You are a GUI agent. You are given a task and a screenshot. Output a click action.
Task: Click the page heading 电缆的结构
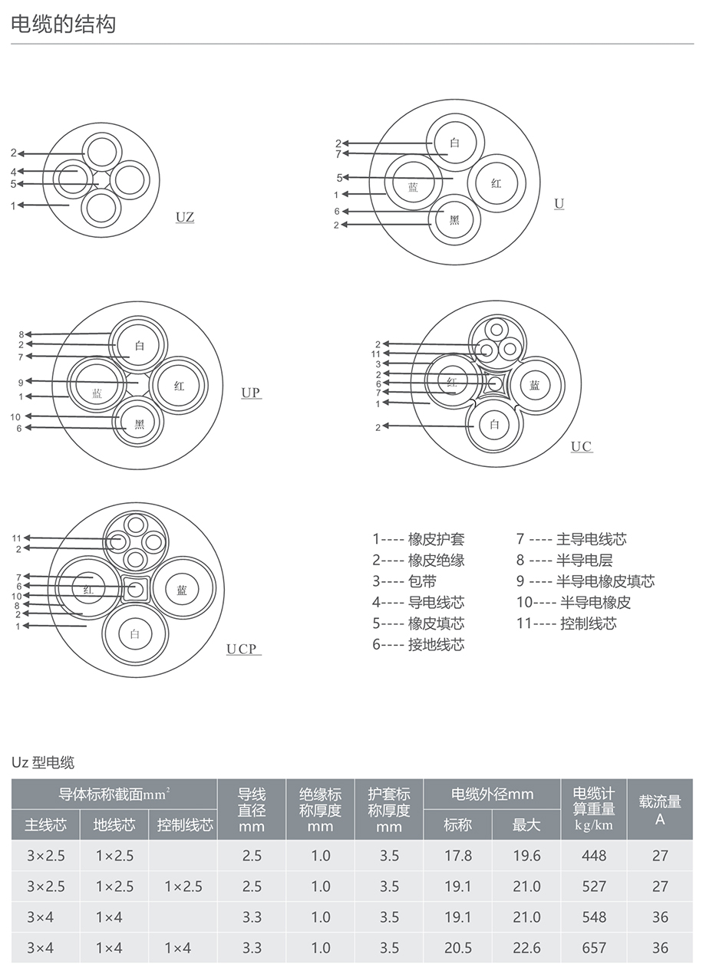pos(64,25)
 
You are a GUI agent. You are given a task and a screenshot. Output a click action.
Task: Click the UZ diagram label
pos(185,217)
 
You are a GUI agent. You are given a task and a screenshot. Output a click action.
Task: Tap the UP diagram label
pos(251,393)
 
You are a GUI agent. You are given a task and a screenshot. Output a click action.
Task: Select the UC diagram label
pos(581,446)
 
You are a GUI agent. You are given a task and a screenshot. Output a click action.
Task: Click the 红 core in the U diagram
pos(496,183)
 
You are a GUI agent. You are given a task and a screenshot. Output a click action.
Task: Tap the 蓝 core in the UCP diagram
pos(182,590)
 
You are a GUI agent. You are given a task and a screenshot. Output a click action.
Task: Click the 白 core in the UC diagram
pos(494,424)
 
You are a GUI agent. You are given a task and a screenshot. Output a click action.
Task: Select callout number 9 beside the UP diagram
pos(21,381)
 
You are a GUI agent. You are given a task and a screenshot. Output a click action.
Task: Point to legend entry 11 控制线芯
pos(566,623)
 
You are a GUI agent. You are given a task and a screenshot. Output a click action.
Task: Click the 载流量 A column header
pos(660,810)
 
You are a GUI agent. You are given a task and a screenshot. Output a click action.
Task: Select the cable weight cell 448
pos(594,856)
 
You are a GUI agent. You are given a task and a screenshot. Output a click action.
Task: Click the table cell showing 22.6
pos(526,948)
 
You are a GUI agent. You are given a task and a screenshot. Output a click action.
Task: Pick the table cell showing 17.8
pos(458,856)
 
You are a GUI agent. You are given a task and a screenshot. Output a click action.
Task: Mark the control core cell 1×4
pos(177,948)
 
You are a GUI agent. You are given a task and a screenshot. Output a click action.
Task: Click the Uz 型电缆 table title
pos(43,762)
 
